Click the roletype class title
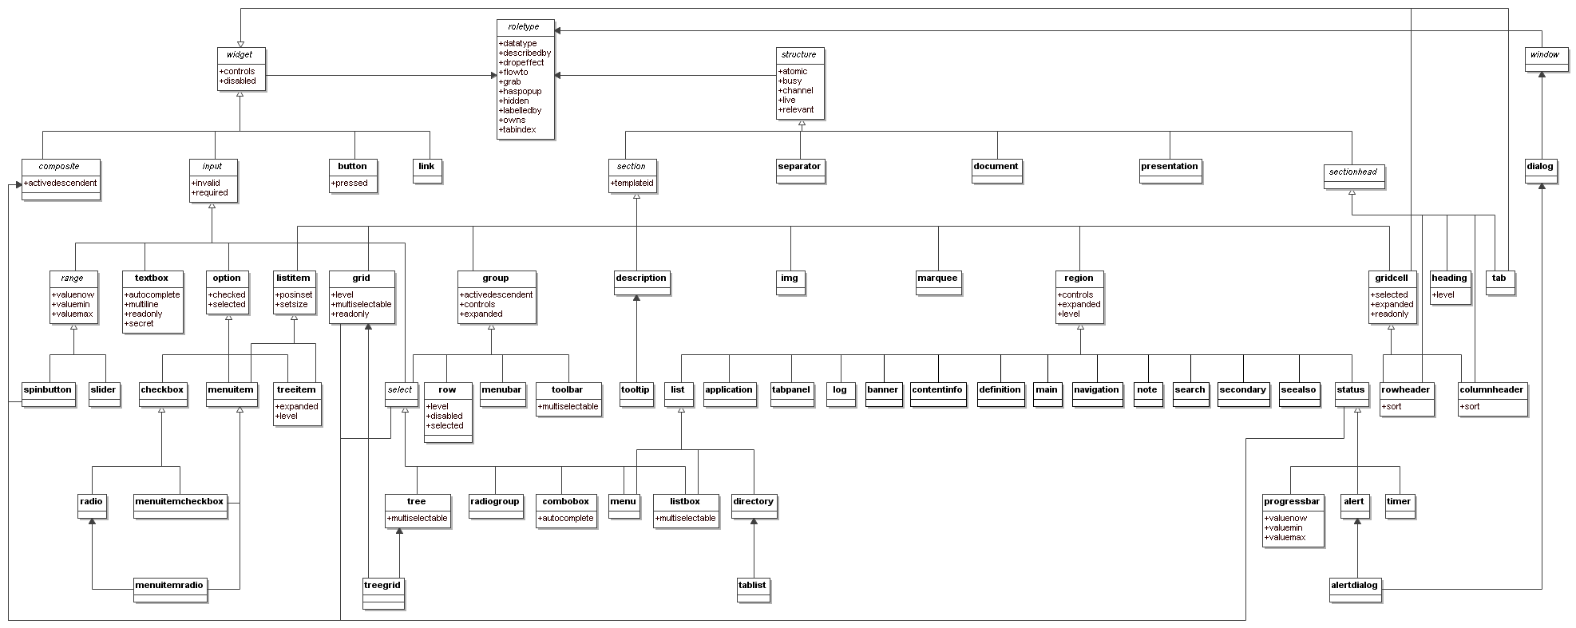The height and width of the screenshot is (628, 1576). [524, 27]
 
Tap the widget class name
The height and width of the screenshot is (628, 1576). [240, 55]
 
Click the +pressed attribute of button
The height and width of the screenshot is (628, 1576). [349, 184]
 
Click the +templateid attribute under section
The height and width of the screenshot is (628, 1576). [632, 184]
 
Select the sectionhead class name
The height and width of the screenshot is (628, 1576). [1353, 172]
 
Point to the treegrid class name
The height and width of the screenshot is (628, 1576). [382, 586]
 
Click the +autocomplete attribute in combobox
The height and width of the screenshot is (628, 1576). [565, 519]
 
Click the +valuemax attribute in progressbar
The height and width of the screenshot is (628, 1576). [1285, 538]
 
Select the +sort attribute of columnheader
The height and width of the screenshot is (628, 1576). [1470, 407]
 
